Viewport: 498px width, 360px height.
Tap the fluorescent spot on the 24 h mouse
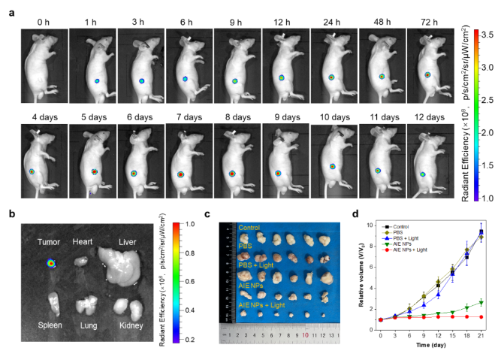tap(330, 77)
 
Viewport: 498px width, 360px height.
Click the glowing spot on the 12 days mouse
tap(423, 174)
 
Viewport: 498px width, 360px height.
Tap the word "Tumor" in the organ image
tap(50, 242)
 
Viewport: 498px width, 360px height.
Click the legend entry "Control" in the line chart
tap(394, 226)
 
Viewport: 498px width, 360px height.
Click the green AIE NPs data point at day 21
tap(481, 302)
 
